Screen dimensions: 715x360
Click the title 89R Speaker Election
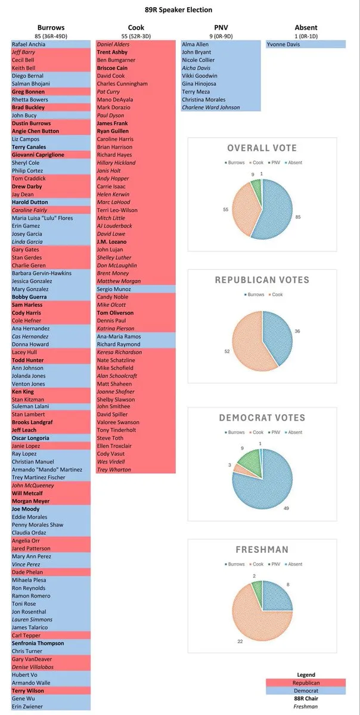click(179, 10)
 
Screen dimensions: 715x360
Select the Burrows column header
click(51, 27)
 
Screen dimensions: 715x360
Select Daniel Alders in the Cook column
click(113, 44)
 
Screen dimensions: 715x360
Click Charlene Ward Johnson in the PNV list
click(211, 108)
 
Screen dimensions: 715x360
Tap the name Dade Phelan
click(27, 572)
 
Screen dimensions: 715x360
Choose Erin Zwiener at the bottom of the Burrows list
click(27, 706)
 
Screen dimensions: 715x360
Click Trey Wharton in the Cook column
click(114, 470)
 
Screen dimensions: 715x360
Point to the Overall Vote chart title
click(262, 148)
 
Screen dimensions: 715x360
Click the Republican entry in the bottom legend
click(306, 683)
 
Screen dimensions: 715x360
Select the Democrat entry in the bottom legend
click(306, 691)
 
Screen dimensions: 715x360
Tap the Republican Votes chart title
click(262, 279)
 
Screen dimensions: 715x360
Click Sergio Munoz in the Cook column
click(115, 288)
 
